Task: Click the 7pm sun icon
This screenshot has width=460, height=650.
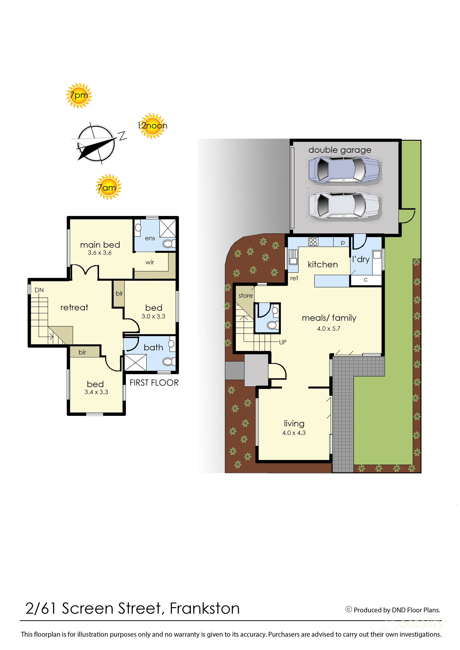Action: click(x=79, y=95)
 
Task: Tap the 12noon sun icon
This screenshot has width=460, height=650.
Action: click(x=152, y=126)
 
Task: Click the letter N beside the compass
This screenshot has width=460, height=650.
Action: click(x=122, y=136)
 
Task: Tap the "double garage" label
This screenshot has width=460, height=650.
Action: click(x=340, y=150)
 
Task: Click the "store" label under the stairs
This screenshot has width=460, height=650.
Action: click(x=246, y=296)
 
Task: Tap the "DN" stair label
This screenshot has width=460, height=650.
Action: click(x=39, y=290)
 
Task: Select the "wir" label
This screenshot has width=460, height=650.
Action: click(x=150, y=262)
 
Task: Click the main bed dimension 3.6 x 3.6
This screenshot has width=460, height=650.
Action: click(x=100, y=253)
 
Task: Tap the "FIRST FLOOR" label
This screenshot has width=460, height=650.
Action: click(x=154, y=383)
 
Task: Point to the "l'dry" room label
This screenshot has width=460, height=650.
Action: click(x=361, y=259)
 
